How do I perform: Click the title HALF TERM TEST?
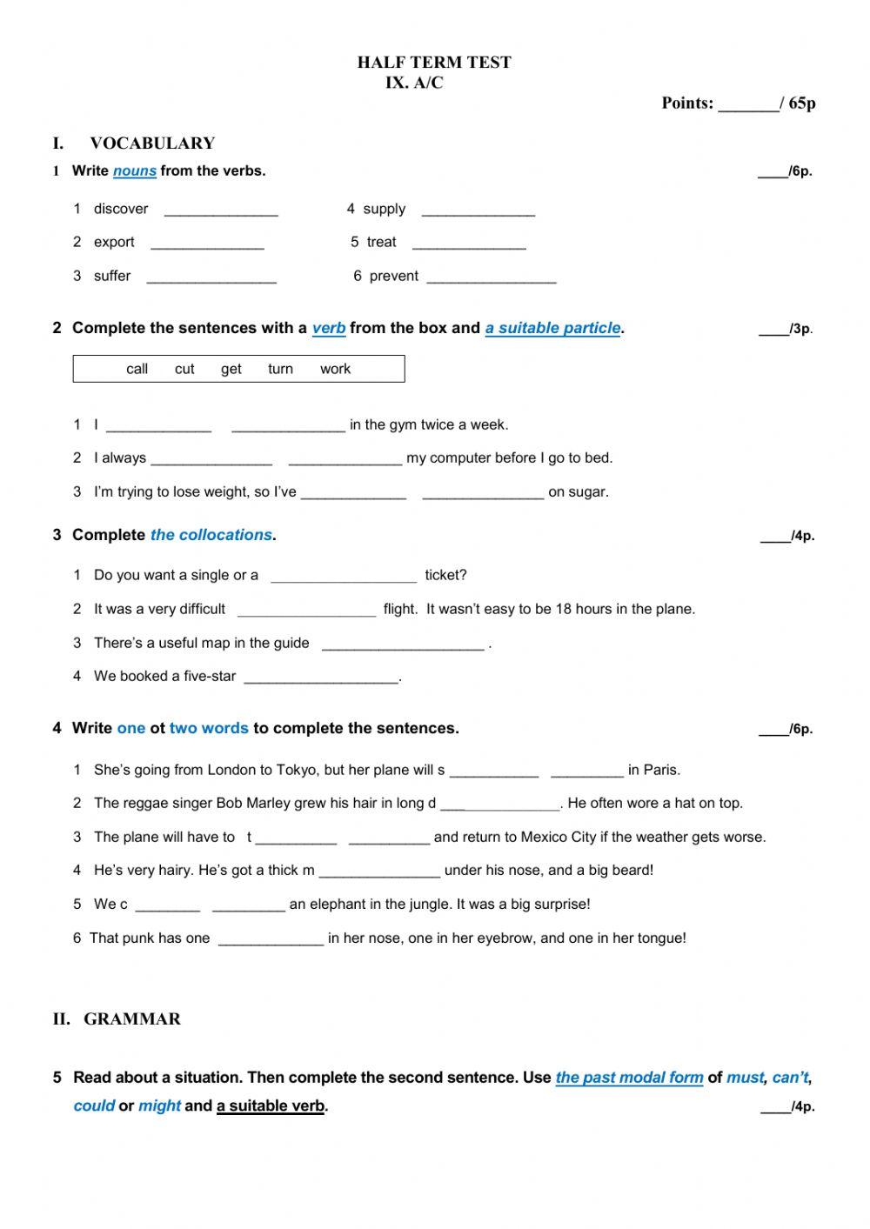click(434, 62)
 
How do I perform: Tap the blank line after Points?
click(748, 104)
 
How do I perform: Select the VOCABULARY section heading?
click(152, 143)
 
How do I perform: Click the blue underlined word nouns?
click(135, 171)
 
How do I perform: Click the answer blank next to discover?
click(221, 210)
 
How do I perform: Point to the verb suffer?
click(112, 276)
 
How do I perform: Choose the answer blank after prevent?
click(492, 277)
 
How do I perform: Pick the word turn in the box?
click(280, 369)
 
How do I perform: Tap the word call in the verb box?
click(137, 369)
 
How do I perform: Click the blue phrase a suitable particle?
click(552, 328)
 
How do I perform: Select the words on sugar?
click(579, 492)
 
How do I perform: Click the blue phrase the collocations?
click(211, 535)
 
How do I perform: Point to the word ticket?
click(445, 575)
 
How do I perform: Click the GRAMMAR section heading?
click(132, 1019)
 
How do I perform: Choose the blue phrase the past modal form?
click(629, 1077)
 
